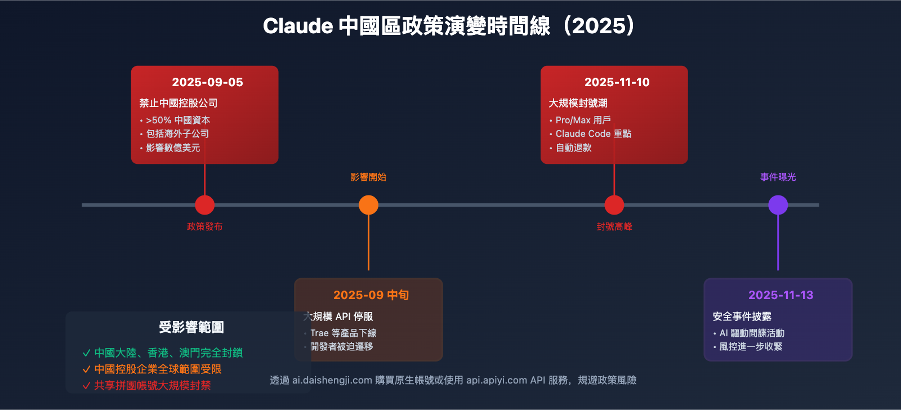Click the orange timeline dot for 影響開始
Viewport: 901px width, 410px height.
pyautogui.click(x=368, y=205)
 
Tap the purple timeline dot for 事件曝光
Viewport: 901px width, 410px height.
pyautogui.click(x=778, y=205)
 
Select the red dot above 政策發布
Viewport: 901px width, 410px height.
pyautogui.click(x=204, y=205)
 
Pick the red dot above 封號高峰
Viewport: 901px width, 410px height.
pyautogui.click(x=614, y=205)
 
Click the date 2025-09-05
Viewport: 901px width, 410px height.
pyautogui.click(x=207, y=82)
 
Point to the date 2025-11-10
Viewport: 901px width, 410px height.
pyautogui.click(x=617, y=82)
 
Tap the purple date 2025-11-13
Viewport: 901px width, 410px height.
pyautogui.click(x=780, y=295)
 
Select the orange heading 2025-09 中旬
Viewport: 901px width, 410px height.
pyautogui.click(x=371, y=295)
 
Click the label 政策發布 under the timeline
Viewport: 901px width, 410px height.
pyautogui.click(x=204, y=226)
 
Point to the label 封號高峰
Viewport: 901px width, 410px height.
pyautogui.click(x=614, y=226)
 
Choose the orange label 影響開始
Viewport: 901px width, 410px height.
pyautogui.click(x=368, y=177)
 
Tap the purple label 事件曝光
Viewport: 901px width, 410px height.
pyautogui.click(x=778, y=177)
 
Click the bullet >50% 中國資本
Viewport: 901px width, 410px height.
pyautogui.click(x=178, y=120)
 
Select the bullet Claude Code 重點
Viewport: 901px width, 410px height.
pyautogui.click(x=593, y=133)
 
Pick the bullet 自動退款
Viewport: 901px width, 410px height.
pyautogui.click(x=573, y=148)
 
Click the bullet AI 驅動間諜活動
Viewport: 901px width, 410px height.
pyautogui.click(x=752, y=333)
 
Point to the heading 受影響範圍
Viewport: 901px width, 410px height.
pyautogui.click(x=191, y=327)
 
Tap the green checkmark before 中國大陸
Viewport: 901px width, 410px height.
pyautogui.click(x=86, y=353)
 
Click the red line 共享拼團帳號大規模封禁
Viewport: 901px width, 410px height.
pyautogui.click(x=152, y=385)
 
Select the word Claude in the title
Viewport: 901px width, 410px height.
pyautogui.click(x=298, y=26)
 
